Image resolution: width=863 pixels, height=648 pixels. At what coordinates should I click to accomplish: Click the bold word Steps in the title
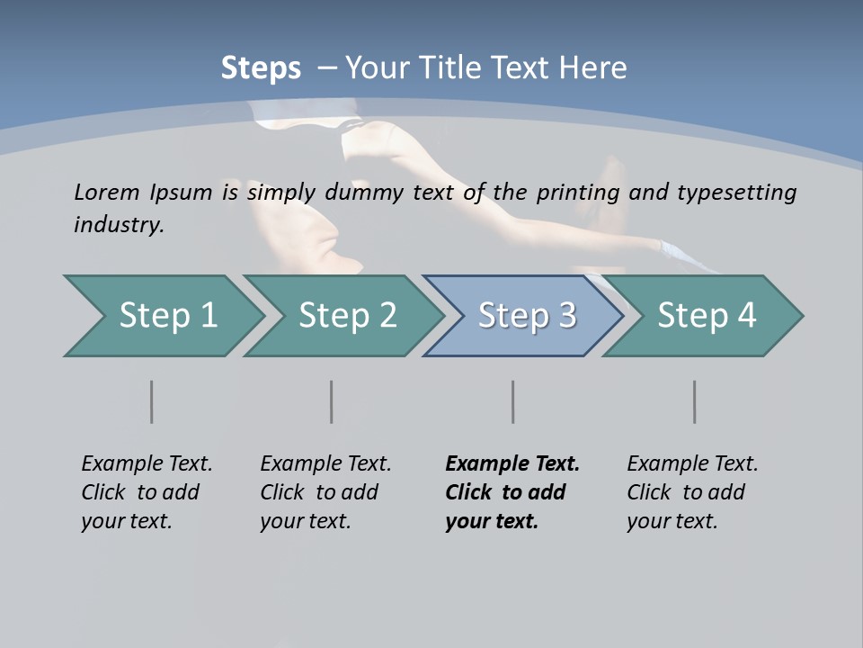261,68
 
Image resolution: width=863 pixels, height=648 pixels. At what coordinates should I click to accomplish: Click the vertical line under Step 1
152,401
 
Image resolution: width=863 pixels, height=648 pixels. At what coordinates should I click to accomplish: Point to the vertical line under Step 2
332,401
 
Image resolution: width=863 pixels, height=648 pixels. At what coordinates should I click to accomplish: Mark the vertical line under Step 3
513,401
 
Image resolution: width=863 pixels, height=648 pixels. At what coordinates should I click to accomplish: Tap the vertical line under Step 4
695,401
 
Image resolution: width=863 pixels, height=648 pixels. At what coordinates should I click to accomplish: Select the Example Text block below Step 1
147,492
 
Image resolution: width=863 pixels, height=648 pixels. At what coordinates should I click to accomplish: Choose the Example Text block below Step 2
325,492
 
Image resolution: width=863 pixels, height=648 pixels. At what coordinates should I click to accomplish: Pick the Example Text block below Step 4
692,492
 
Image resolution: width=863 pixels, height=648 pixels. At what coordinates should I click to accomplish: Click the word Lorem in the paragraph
107,192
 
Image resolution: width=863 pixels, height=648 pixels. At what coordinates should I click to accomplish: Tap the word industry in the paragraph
119,224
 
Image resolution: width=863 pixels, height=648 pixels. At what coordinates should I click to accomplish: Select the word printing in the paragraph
579,193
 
